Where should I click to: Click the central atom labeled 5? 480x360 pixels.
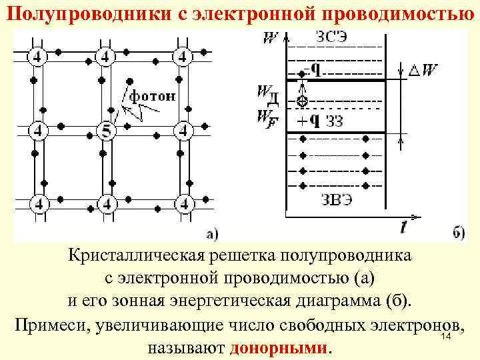click(105, 129)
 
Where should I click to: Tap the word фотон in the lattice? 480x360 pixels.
click(153, 96)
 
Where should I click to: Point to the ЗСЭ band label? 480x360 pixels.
click(333, 37)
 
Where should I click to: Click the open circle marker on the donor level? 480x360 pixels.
click(302, 101)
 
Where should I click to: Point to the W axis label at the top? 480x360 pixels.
click(269, 38)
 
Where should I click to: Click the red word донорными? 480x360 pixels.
click(279, 349)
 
